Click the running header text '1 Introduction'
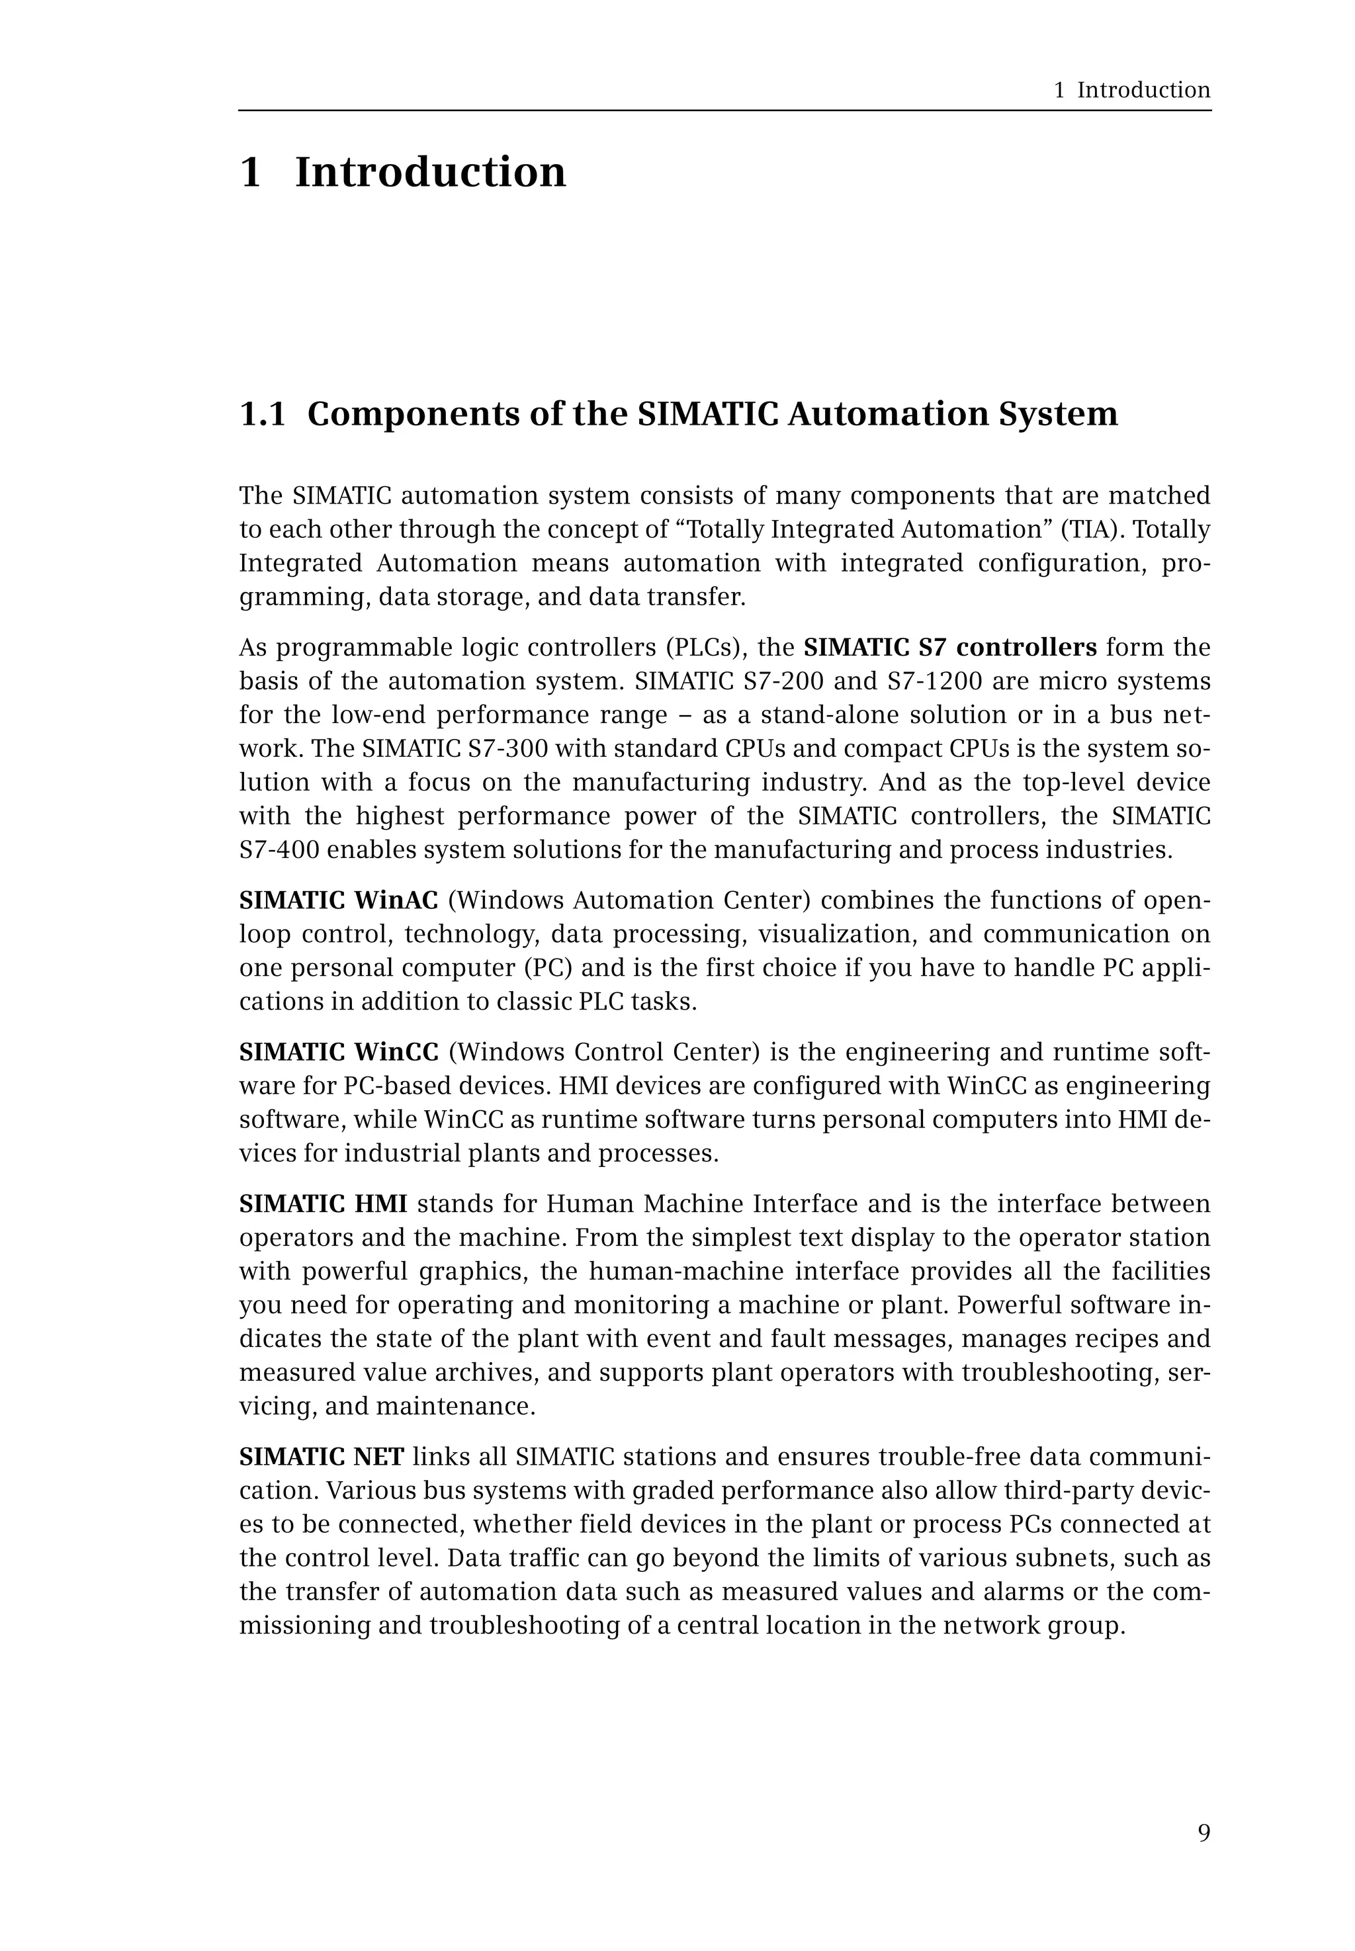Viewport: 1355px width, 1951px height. pos(1132,90)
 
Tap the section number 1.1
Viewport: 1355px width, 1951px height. pos(263,414)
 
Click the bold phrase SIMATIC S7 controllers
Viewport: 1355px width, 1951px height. pos(950,648)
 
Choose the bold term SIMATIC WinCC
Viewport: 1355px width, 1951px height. pos(338,1053)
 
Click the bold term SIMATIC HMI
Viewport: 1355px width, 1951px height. pos(323,1205)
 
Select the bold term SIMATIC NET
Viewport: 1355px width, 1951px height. pos(321,1457)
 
